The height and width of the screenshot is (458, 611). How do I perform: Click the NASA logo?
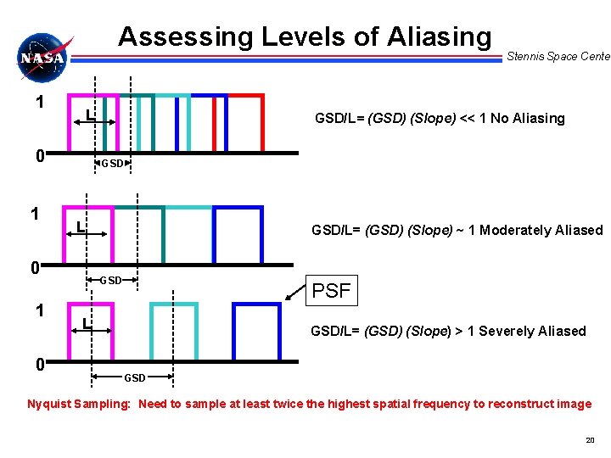coord(43,58)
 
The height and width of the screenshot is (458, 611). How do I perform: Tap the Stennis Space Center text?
coord(558,57)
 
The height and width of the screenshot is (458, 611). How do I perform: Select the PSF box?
coord(331,291)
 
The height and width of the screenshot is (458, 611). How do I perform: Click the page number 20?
coord(590,440)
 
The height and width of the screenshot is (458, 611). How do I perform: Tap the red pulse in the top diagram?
coord(246,123)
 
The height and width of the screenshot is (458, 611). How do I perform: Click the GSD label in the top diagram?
coord(112,164)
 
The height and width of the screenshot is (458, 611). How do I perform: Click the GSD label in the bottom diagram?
coord(135,377)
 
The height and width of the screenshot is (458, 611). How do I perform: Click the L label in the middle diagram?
coord(79,227)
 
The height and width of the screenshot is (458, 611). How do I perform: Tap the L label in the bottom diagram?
coord(87,323)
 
